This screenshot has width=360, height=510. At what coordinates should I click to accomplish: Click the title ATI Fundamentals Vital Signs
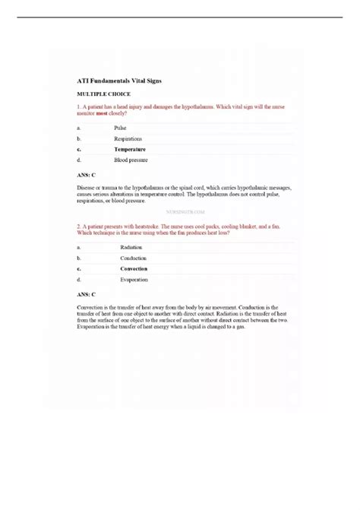(119, 80)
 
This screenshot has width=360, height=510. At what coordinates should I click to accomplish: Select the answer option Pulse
(121, 129)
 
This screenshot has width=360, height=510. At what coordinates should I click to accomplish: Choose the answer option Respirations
(128, 140)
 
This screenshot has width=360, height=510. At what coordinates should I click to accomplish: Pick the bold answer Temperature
(130, 150)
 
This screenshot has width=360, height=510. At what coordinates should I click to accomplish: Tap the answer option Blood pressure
(131, 160)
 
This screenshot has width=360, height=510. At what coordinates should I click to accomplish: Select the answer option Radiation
(133, 247)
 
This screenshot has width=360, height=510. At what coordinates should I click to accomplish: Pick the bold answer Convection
(134, 268)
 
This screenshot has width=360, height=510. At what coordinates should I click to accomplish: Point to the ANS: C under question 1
(87, 175)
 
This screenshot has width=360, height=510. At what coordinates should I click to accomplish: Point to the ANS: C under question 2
(87, 293)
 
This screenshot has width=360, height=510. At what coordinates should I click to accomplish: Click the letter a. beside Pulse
(79, 129)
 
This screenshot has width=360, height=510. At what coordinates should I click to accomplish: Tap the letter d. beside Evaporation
(79, 279)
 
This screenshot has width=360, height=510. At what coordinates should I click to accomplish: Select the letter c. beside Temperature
(79, 150)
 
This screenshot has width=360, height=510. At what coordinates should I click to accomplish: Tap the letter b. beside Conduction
(79, 258)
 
